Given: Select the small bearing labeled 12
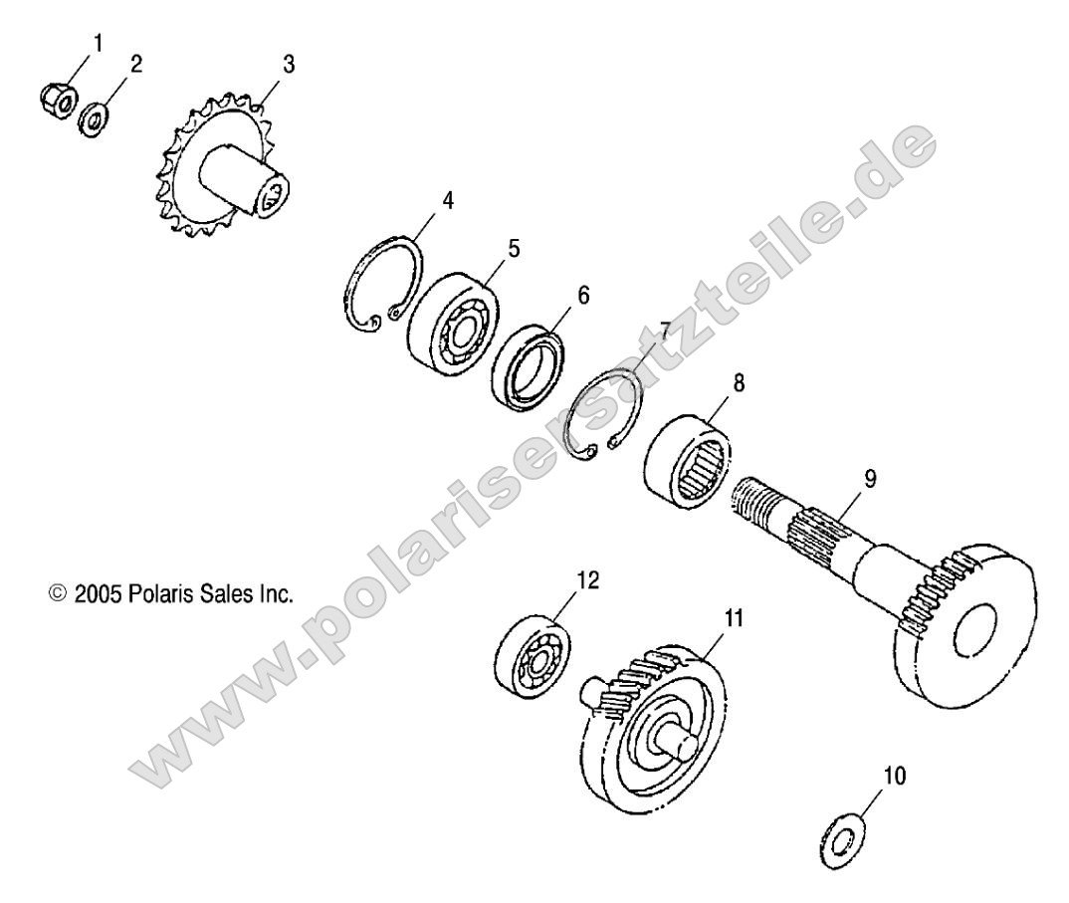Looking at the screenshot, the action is (533, 656).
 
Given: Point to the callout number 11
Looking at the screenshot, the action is (734, 618).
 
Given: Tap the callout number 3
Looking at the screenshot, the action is (289, 65).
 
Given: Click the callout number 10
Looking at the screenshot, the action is (895, 775).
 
